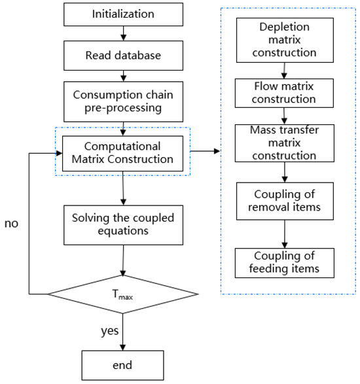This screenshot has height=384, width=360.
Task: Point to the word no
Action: point(12,223)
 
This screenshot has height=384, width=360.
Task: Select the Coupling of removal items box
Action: point(285,203)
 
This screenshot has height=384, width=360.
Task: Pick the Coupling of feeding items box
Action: point(285,261)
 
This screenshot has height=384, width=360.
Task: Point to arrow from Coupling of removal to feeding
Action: point(285,232)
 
